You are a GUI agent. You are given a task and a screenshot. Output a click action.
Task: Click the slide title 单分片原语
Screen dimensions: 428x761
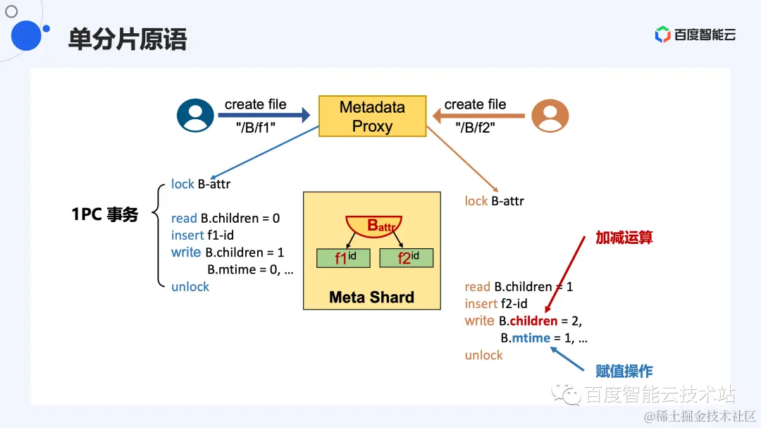click(128, 39)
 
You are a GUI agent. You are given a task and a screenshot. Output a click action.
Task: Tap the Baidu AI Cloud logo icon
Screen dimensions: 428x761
click(662, 35)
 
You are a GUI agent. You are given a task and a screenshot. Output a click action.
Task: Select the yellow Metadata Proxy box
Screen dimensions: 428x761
click(372, 116)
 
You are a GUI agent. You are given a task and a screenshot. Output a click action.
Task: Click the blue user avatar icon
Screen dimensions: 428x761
click(195, 115)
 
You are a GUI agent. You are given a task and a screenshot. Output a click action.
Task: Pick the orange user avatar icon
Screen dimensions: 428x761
click(550, 115)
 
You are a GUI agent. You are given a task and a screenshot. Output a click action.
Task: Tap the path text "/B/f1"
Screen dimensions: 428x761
click(255, 128)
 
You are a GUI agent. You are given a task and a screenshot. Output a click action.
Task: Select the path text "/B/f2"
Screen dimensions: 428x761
click(476, 128)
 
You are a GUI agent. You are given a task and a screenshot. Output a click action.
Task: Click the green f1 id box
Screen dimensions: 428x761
click(343, 258)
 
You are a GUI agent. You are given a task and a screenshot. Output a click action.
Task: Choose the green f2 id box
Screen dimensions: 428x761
click(406, 258)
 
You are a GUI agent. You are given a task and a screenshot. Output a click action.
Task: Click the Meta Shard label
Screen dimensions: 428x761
click(371, 297)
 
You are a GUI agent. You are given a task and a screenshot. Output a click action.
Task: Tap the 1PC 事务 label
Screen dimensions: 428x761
click(105, 215)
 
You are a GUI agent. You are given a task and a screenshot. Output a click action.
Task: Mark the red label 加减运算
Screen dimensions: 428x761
click(624, 238)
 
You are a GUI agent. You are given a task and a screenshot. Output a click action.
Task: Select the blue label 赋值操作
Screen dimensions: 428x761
click(624, 371)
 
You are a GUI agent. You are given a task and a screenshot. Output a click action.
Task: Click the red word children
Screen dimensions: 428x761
click(533, 321)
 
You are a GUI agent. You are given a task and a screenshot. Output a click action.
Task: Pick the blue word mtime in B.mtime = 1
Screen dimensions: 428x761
click(531, 338)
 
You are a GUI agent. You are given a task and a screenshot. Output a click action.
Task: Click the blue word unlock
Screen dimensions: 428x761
click(190, 286)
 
